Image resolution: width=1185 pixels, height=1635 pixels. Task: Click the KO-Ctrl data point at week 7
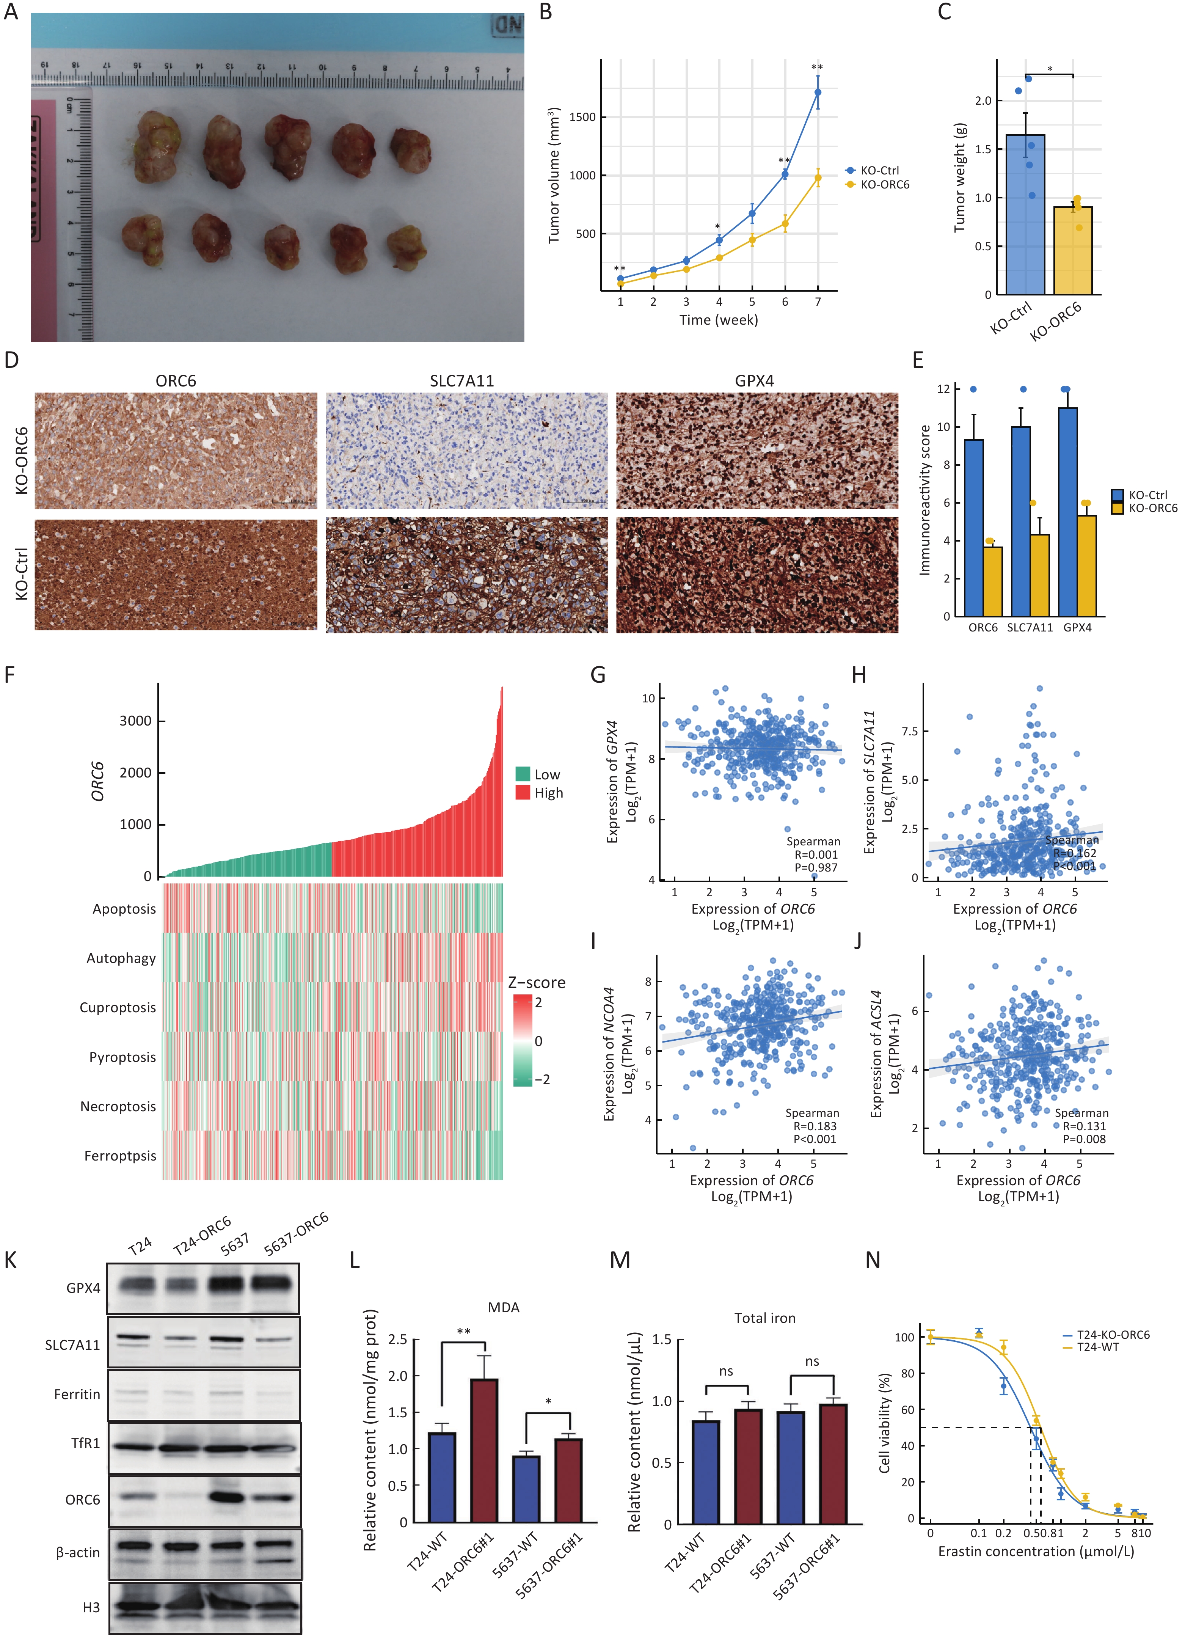pos(818,92)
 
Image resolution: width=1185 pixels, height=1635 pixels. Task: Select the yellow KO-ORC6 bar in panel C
pos(1072,251)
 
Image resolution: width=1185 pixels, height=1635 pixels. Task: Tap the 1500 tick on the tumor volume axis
pos(582,117)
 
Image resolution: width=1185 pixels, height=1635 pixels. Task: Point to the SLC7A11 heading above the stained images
pos(461,381)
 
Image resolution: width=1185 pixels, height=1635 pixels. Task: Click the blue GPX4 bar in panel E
pos(1067,512)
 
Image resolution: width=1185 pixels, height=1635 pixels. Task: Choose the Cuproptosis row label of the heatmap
pos(118,1007)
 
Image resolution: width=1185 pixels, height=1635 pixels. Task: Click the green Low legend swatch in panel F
pos(523,774)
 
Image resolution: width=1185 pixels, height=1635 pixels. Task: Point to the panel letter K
pos(11,1260)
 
